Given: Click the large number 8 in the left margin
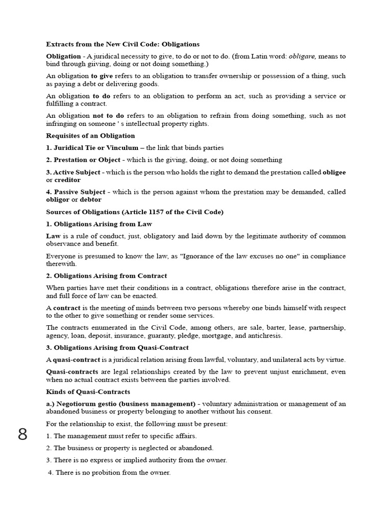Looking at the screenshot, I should pyautogui.click(x=22, y=435).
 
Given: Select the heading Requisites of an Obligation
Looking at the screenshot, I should pyautogui.click(x=90, y=136).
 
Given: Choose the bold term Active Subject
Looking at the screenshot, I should pyautogui.click(x=77, y=172).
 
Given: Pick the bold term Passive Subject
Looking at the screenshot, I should pyautogui.click(x=79, y=192).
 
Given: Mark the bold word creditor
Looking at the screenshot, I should pyautogui.click(x=66, y=180).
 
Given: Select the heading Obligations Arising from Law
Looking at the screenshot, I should pyautogui.click(x=103, y=224).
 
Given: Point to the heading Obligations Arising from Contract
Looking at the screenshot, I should pyautogui.click(x=110, y=276).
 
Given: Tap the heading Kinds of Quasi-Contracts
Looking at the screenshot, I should pyautogui.click(x=88, y=391).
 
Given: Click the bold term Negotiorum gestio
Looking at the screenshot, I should pyautogui.click(x=84, y=404).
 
